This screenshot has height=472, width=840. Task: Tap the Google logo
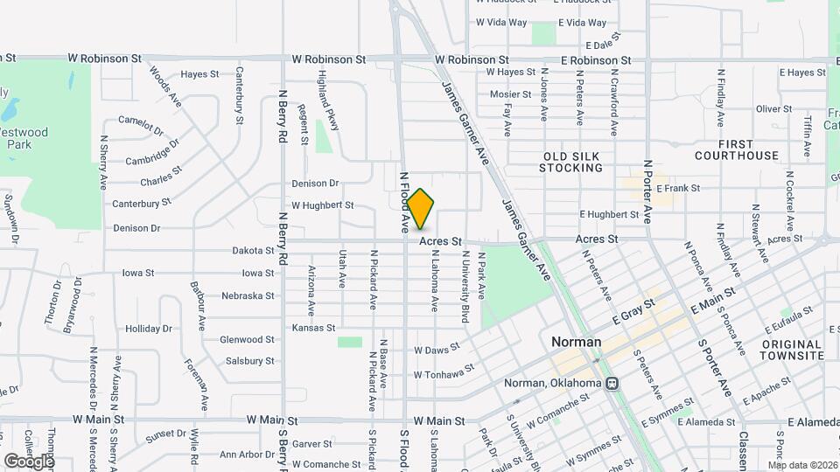click(28, 461)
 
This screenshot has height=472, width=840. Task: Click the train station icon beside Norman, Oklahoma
click(612, 383)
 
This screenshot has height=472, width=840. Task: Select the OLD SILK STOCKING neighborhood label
click(570, 162)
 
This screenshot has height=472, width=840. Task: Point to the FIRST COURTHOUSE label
click(736, 149)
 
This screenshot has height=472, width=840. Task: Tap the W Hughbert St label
click(322, 206)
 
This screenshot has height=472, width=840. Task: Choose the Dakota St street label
click(253, 251)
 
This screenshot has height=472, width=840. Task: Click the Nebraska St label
click(248, 296)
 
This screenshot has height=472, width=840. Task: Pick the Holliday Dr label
click(149, 330)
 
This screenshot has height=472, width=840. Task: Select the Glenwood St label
click(247, 340)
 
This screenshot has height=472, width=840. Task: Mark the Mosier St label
click(510, 94)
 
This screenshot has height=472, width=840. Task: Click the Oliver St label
click(773, 109)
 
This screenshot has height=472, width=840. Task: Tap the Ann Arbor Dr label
click(248, 455)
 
